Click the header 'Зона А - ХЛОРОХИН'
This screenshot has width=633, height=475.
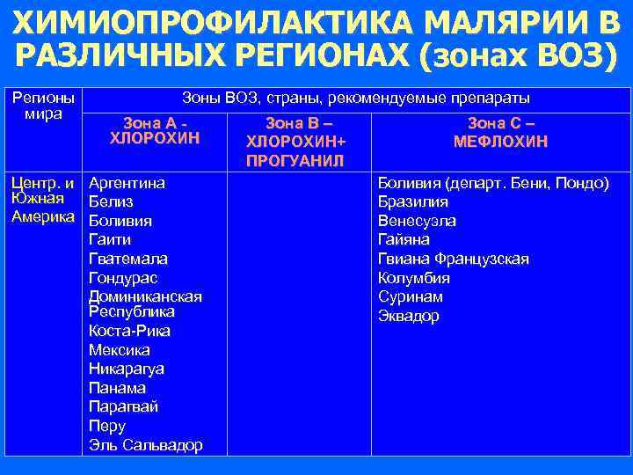pos(155,130)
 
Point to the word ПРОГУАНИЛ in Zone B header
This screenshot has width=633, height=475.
pos(296,161)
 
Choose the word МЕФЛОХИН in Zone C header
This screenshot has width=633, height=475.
pos(500,141)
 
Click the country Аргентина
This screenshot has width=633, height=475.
pos(127,183)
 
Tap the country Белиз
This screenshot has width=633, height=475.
pos(111,202)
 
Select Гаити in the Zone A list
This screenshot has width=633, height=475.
pos(110,239)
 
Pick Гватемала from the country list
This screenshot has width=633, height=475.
pos(128,259)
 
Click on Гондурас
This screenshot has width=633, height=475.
pos(123,278)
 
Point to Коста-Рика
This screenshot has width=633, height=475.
pos(129,331)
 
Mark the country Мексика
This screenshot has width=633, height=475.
pos(120,350)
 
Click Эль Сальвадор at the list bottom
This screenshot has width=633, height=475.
pos(145,445)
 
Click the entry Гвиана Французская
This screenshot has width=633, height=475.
pos(453,259)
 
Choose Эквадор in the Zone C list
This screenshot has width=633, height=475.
pos(408,316)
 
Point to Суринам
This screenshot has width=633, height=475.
pos(410,296)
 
